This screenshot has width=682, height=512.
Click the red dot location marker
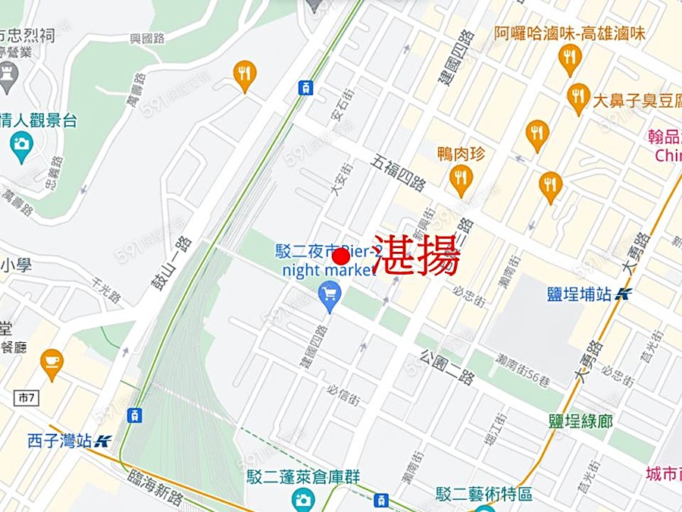[341, 258]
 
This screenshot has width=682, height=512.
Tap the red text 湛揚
[417, 255]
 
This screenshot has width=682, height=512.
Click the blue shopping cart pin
[330, 294]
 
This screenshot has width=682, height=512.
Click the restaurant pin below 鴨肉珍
[461, 180]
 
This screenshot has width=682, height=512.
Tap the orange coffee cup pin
[52, 363]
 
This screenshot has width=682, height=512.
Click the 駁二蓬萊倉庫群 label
[303, 477]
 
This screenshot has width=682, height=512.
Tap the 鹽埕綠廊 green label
[580, 421]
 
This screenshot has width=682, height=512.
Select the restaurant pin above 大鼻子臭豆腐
[570, 58]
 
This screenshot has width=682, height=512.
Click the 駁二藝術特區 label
[483, 494]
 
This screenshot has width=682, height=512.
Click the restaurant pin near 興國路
[244, 74]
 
